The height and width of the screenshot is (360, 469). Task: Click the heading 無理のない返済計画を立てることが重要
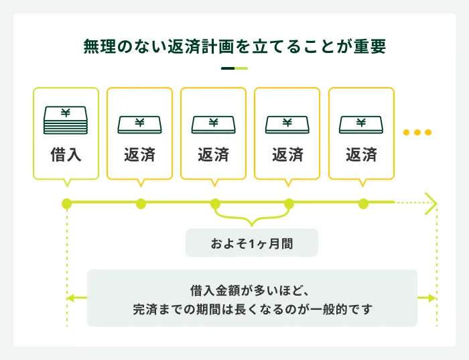coord(234,48)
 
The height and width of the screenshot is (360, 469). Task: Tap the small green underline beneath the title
coord(234,68)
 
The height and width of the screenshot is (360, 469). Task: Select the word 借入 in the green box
coord(66,155)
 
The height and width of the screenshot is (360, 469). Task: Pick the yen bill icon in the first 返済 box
coord(139,123)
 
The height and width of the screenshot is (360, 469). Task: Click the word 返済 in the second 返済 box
coord(213,155)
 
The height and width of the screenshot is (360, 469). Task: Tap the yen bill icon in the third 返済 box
coord(287,123)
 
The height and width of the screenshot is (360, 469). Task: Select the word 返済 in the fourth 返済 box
coord(361,155)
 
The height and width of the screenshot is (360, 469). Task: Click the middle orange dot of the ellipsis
coord(417,132)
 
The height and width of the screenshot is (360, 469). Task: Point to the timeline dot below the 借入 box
coord(66,203)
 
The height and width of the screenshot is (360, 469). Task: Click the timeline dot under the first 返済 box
coord(141,203)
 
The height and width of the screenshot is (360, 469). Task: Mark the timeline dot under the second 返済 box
coord(215,203)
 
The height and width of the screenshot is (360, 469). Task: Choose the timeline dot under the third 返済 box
coord(289,203)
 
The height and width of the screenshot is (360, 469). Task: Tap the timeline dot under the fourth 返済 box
coord(363,203)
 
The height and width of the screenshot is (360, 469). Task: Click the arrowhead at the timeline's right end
coord(432,203)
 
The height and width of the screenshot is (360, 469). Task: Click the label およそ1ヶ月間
coord(252,244)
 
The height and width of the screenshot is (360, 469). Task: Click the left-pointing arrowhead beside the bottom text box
coord(70,298)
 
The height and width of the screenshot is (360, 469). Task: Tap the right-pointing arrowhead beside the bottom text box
coord(432,298)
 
